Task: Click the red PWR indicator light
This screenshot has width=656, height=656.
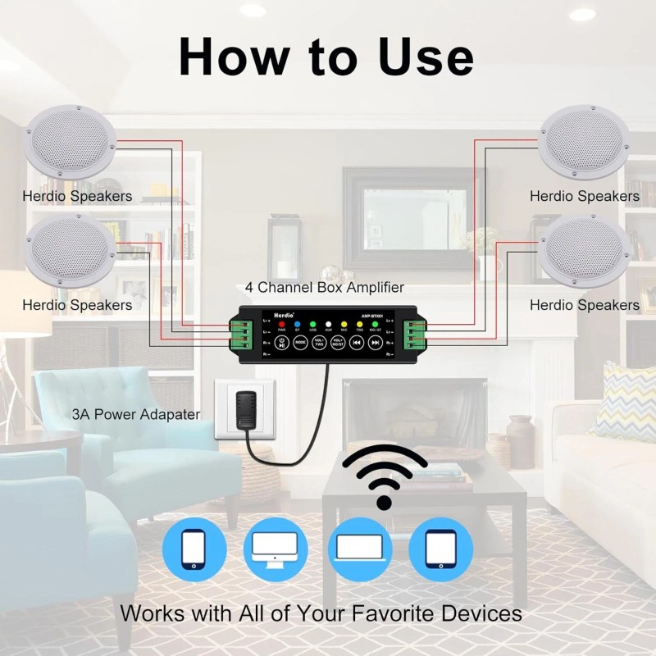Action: point(281,325)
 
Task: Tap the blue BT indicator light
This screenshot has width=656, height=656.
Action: point(296,325)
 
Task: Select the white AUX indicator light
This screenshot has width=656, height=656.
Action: point(328,325)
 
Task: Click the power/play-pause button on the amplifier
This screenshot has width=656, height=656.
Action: point(281,343)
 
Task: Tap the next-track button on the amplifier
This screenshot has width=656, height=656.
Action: point(375,343)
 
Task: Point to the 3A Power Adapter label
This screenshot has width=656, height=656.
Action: point(135,414)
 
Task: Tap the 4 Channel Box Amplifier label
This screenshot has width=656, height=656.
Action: point(325,288)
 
